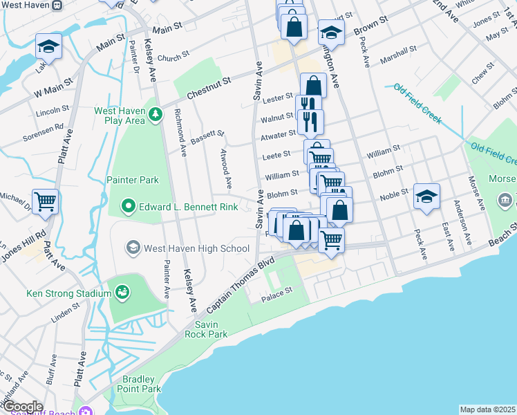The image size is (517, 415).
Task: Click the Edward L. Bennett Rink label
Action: coord(189,207)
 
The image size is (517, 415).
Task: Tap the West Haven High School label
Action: coord(197,248)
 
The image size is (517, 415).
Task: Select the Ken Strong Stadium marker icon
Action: coord(123,293)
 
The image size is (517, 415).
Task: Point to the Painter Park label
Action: coord(133,180)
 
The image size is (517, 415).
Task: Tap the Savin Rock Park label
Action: coord(206,329)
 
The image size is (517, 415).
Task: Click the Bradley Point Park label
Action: coord(142,384)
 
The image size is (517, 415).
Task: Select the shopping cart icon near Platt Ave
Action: coord(46,202)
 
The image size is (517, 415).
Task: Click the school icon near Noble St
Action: coord(426,196)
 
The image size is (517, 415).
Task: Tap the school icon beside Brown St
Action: coord(331,32)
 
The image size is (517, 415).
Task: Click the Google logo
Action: coord(23,407)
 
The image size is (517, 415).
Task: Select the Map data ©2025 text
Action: coord(487,409)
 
